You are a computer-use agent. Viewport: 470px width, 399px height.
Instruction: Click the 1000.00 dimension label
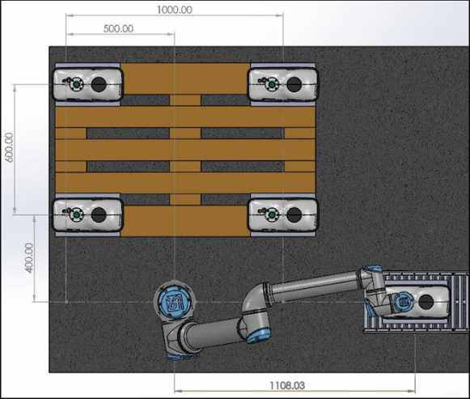coord(175,10)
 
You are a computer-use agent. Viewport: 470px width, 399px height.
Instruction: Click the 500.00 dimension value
coord(118,29)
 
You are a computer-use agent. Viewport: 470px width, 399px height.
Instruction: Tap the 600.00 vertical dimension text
coord(9,147)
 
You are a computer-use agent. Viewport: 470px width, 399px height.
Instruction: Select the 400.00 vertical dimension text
coord(29,258)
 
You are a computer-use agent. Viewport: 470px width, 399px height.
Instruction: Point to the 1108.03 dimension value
coord(287,385)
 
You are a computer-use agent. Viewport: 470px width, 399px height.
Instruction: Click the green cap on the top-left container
coord(77,84)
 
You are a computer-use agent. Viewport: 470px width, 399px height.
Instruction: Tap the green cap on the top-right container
coord(272,84)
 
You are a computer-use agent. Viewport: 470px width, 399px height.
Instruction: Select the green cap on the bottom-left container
coord(77,215)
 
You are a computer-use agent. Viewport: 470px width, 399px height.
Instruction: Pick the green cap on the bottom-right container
coord(272,215)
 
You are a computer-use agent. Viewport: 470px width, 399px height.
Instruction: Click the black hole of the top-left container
coord(99,84)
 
